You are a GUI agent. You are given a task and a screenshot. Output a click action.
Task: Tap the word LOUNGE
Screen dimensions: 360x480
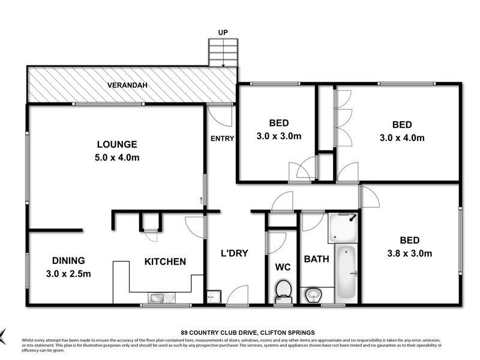coord(117,144)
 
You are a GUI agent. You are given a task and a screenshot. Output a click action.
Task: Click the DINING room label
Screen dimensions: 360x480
coord(68,260)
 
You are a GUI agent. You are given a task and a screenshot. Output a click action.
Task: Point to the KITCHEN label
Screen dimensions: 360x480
coord(164,262)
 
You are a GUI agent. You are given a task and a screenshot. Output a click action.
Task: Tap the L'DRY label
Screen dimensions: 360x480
coord(235,253)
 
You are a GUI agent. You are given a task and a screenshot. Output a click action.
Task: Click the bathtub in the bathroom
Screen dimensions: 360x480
coord(346,274)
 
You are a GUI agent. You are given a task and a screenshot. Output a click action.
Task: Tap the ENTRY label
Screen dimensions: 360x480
coord(222,139)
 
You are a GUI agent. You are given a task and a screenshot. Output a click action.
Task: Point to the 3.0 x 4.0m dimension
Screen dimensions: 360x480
coord(402,137)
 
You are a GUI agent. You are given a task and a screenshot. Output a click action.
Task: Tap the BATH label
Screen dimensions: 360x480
coord(316,259)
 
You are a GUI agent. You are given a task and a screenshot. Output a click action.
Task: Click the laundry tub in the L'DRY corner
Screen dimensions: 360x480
coord(213,296)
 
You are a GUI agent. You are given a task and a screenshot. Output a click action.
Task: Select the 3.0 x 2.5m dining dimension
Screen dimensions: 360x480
coord(68,274)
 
